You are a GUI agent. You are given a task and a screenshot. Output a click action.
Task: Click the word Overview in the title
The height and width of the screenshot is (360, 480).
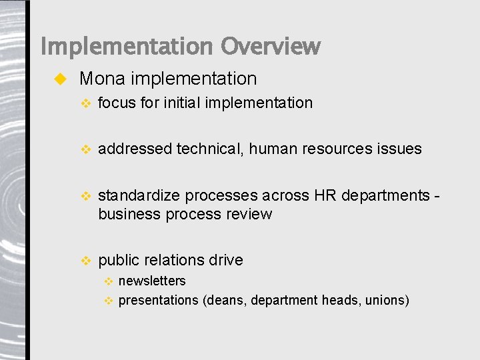coord(271,47)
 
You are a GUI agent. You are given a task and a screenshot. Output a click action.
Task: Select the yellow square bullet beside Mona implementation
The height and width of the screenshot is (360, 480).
coord(59,79)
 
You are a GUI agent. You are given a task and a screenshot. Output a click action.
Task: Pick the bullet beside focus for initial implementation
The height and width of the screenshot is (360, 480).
coord(84,103)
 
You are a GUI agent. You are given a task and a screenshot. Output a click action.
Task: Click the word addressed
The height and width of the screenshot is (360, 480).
coord(135,149)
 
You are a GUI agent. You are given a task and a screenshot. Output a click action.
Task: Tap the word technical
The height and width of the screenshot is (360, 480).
coord(210,149)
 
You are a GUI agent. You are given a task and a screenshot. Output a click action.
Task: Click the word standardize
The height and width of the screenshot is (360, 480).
coord(139,195)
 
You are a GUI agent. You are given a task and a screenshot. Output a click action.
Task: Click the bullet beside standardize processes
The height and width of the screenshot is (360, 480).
coord(84,196)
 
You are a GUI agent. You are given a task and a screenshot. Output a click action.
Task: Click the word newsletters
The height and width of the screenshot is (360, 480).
coord(152,281)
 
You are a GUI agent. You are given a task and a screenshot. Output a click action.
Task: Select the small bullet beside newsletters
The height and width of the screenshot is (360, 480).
coord(109,281)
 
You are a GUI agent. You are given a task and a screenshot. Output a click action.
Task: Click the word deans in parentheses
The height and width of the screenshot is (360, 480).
coord(227,300)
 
